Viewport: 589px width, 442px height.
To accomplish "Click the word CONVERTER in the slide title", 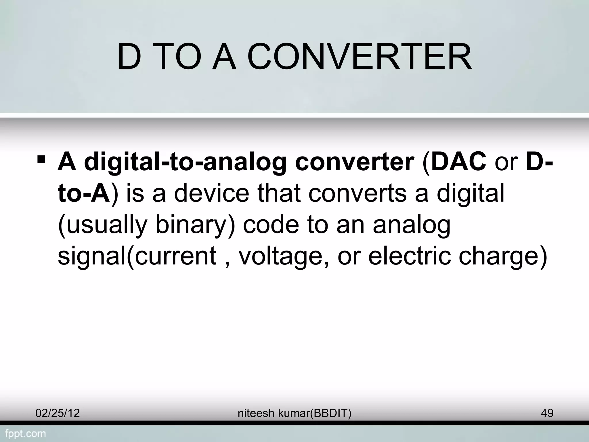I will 359,58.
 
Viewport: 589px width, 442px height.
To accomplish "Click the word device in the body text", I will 211,193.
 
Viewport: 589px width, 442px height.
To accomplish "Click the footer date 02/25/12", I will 58,413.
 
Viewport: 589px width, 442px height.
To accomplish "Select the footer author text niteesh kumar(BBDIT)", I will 294,413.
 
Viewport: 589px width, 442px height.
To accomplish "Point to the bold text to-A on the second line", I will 84,193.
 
